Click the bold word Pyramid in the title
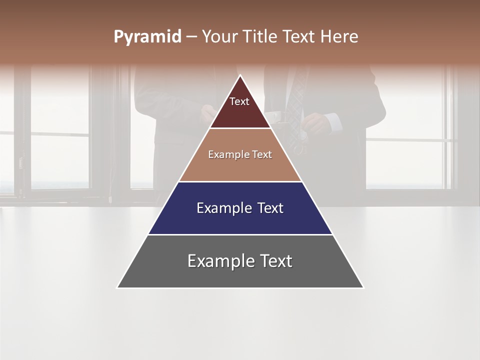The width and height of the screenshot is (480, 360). click(147, 37)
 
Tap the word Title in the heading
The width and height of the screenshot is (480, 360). click(259, 37)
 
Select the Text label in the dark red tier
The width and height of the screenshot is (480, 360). click(239, 101)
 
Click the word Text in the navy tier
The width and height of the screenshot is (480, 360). click(270, 208)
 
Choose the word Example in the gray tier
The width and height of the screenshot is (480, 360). click(218, 261)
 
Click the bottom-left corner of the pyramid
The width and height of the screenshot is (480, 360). click(117, 287)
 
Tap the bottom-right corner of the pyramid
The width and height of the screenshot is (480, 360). click(363, 287)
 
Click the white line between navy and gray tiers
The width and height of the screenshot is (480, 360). click(240, 234)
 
